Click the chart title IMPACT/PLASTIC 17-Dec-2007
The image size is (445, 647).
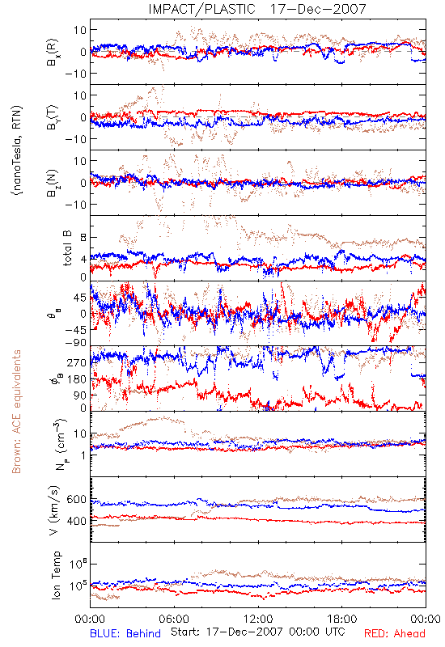256,9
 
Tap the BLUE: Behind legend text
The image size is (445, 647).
125,633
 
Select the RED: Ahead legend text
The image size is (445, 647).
394,633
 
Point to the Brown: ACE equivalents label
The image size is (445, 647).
16,412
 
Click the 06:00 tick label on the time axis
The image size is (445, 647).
174,619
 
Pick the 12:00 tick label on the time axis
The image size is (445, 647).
258,619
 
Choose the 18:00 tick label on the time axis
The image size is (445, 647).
341,619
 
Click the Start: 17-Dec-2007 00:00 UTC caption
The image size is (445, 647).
257,632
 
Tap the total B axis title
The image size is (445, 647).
67,247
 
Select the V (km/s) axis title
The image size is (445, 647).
54,510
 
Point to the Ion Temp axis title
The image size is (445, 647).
56,575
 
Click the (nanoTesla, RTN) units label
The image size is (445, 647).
18,150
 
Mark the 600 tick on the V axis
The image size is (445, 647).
76,499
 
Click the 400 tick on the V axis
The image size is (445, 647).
76,521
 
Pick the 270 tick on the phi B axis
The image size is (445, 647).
76,362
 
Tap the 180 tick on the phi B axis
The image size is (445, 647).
76,378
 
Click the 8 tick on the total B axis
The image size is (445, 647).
83,237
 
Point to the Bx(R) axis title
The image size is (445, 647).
53,53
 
